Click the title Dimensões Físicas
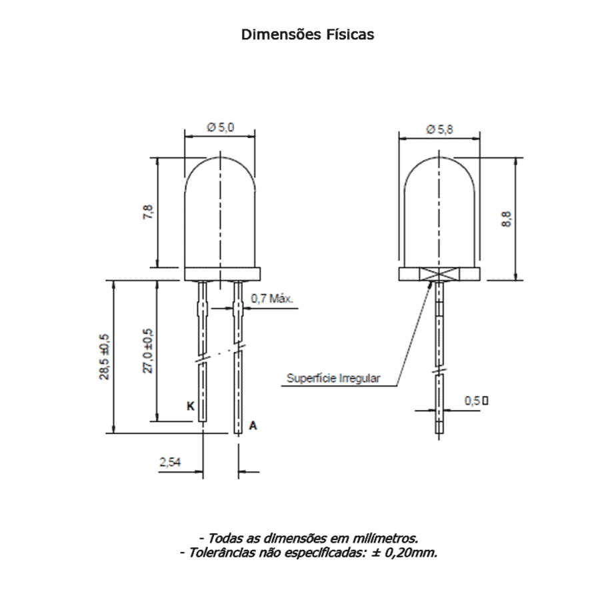pyautogui.click(x=307, y=35)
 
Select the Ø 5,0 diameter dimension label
pyautogui.click(x=221, y=127)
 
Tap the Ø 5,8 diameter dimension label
pyautogui.click(x=440, y=129)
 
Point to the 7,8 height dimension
pyautogui.click(x=148, y=212)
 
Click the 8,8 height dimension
pyautogui.click(x=506, y=219)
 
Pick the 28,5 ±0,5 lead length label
pyautogui.click(x=105, y=357)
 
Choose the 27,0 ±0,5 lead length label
pyautogui.click(x=148, y=351)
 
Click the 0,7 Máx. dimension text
pyautogui.click(x=272, y=298)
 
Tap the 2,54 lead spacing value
pyautogui.click(x=170, y=462)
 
